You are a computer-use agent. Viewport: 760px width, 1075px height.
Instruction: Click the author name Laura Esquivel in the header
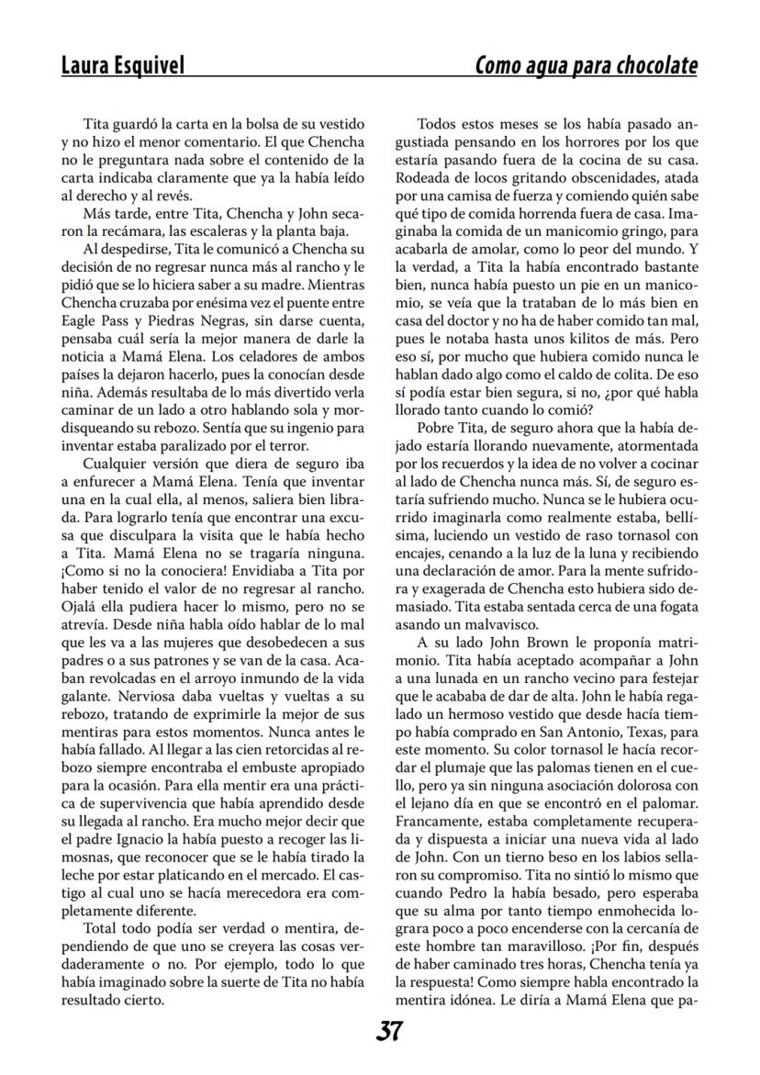click(122, 66)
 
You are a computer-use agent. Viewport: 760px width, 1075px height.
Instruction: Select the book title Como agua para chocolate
click(586, 66)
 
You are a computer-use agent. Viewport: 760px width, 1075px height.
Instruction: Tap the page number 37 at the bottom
click(389, 1031)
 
